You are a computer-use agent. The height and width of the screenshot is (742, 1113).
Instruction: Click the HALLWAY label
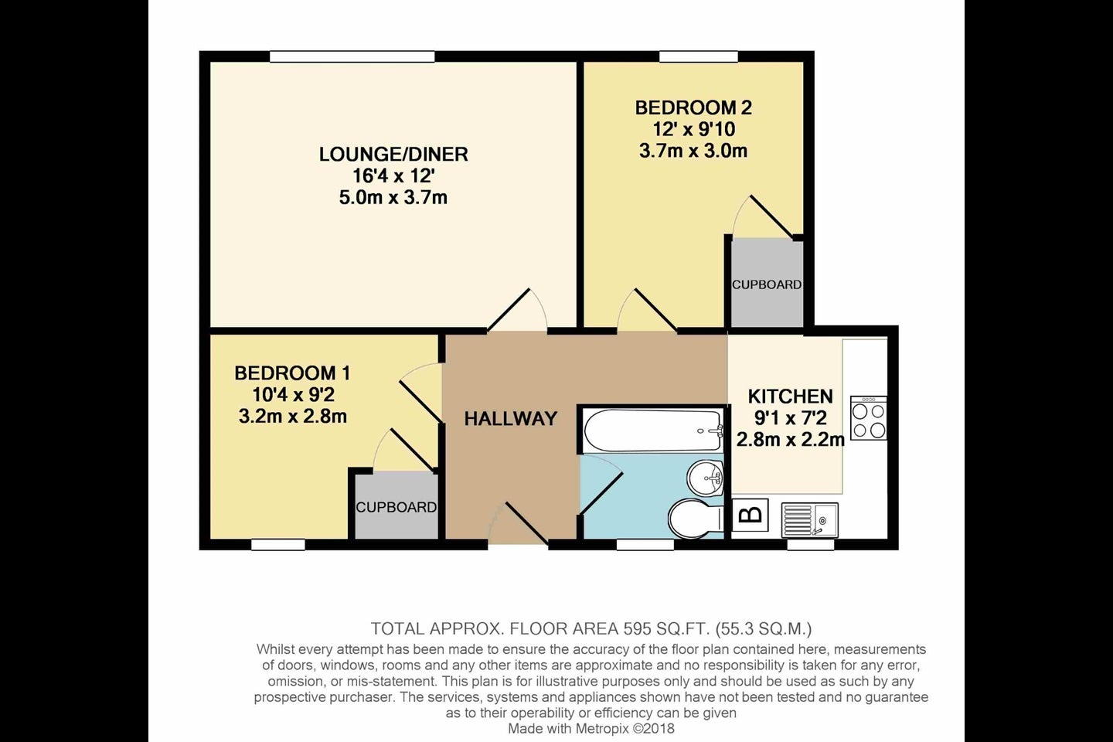point(510,419)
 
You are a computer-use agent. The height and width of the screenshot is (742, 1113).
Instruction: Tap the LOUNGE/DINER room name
point(393,155)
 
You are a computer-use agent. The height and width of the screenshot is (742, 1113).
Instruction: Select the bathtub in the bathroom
point(653,431)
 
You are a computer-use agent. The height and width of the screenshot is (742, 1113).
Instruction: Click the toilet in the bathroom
point(695,519)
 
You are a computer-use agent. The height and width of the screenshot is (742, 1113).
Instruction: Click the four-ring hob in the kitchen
point(869,418)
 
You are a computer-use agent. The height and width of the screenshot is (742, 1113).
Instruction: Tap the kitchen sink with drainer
point(810,520)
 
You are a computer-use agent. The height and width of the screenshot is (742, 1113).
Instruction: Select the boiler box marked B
point(751,516)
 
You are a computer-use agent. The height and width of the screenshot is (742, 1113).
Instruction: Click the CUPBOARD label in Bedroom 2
point(767,284)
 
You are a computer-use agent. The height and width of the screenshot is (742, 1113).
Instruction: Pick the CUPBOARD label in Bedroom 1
point(396,508)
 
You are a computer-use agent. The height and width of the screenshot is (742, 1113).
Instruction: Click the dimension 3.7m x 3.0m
point(693,151)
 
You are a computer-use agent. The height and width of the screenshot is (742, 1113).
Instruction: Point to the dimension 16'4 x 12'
point(393,176)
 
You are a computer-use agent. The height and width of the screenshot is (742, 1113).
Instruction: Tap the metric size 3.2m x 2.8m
point(293,417)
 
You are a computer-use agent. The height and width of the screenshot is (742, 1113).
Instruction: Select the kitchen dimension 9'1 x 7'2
point(791,418)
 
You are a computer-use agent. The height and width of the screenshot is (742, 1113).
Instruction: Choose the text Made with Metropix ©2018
point(591,729)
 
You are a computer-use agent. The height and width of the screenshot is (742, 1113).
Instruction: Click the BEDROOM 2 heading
point(693,108)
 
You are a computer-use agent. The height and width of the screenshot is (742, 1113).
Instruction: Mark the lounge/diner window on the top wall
point(352,56)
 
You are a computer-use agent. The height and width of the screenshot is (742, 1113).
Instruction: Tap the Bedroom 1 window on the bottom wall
point(278,545)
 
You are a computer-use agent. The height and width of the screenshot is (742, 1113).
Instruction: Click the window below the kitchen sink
point(810,545)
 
